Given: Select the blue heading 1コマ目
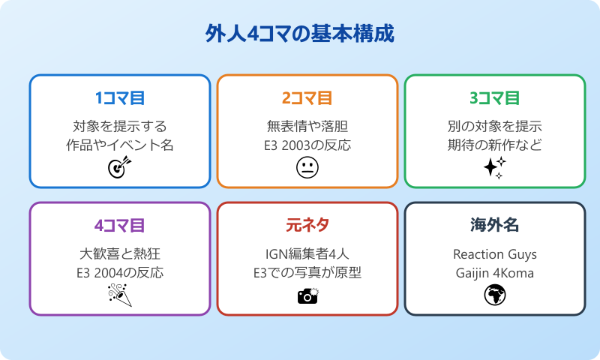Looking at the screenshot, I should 120,98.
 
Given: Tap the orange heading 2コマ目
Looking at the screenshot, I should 307,98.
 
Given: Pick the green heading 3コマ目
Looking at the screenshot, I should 495,98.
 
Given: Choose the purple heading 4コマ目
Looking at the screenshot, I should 120,226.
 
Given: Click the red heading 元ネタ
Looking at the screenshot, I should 307,226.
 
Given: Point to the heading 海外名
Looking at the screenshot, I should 495,226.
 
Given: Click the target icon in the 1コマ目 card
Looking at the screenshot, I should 120,167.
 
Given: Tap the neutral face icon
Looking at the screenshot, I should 307,168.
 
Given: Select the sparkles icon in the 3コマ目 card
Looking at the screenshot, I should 495,167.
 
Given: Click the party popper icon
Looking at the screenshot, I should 120,295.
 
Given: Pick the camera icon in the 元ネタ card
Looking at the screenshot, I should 307,295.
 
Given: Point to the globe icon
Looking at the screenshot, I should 495,295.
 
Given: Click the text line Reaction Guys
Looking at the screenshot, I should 495,253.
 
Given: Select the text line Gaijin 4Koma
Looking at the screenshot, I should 495,273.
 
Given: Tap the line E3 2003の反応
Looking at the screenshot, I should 307,145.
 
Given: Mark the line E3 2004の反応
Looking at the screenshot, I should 120,273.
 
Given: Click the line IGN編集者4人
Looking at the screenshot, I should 307,253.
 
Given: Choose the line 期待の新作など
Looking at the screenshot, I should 495,145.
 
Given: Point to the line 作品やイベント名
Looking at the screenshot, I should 120,145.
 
